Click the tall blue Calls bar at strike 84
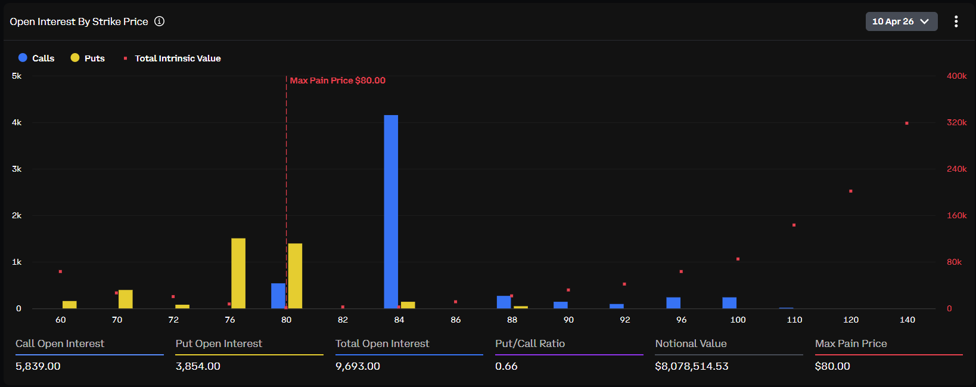(x=391, y=212)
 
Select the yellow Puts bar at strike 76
(x=238, y=273)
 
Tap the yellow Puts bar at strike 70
(x=126, y=299)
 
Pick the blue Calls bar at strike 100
(x=729, y=302)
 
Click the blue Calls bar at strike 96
(x=673, y=302)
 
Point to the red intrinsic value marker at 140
(x=907, y=123)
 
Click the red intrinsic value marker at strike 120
(x=851, y=191)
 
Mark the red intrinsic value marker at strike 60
(x=60, y=272)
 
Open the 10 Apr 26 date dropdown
(x=901, y=21)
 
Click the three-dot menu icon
(x=956, y=21)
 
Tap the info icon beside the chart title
(x=160, y=21)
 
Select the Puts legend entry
(x=88, y=58)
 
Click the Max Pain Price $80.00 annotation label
(x=337, y=81)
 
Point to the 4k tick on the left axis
(x=17, y=122)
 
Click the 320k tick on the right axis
(x=956, y=122)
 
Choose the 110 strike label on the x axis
(x=794, y=320)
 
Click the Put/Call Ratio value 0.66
(x=506, y=366)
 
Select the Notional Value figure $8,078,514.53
(x=691, y=366)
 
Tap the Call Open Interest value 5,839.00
(x=38, y=366)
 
